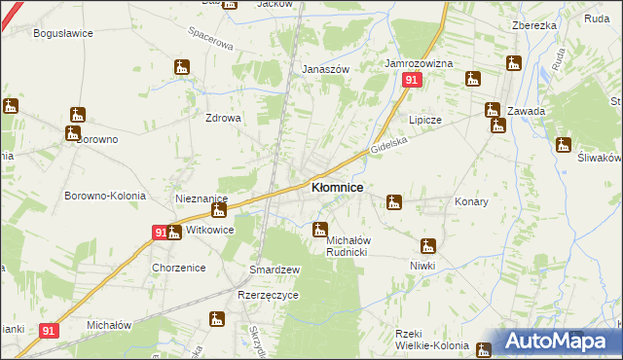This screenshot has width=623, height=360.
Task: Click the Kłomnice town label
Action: point(337,187)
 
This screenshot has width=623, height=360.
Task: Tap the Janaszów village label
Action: point(325,69)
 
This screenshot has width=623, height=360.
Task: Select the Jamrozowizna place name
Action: point(420,63)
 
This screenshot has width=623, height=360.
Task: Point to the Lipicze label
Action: point(425,120)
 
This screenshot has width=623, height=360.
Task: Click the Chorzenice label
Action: point(176,267)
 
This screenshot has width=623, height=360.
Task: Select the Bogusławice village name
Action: point(62,33)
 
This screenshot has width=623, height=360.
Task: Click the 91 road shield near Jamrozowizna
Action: point(412,81)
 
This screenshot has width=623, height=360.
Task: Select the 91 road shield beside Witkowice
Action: point(161,233)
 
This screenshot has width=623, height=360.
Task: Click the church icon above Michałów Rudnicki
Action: point(319,231)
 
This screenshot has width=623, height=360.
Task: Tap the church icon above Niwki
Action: point(426,245)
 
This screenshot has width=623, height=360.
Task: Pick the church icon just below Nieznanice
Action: point(220,210)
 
